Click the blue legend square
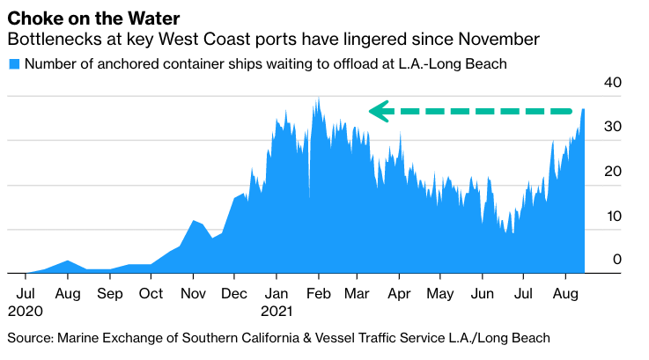pyautogui.click(x=13, y=64)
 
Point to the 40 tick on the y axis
pyautogui.click(x=612, y=83)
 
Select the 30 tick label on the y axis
pyautogui.click(x=612, y=127)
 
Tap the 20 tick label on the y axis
pyautogui.click(x=612, y=171)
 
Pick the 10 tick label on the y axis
pyautogui.click(x=612, y=216)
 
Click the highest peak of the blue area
pyautogui.click(x=317, y=99)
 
